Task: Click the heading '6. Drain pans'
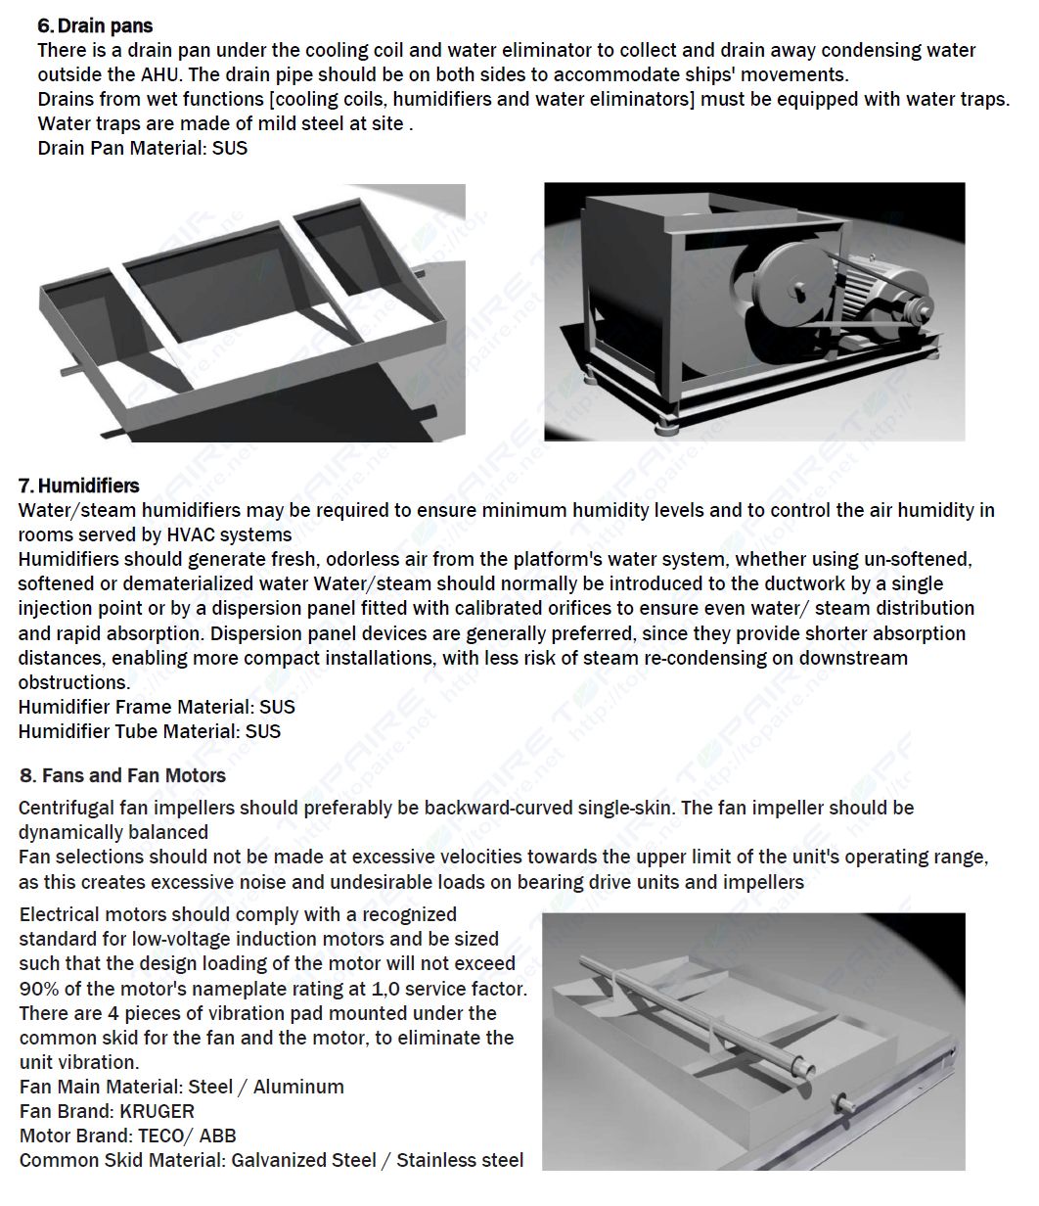[x=95, y=25]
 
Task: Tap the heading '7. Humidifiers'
[x=78, y=486]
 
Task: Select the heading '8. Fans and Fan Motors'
[x=122, y=775]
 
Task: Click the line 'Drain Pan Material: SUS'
[x=142, y=148]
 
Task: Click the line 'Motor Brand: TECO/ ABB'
[x=127, y=1136]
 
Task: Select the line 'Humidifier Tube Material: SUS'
[x=149, y=731]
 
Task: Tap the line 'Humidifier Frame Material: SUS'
[x=156, y=707]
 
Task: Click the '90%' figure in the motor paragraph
[x=39, y=989]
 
